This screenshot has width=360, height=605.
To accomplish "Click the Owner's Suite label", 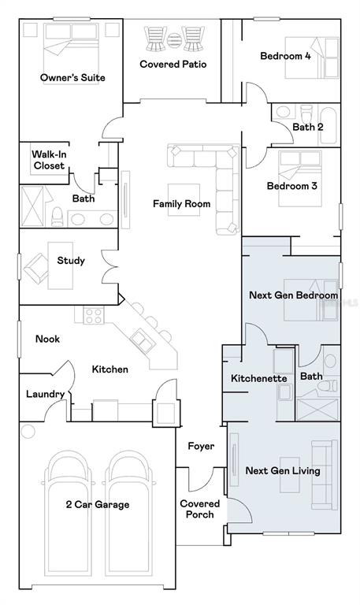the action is tap(72, 77).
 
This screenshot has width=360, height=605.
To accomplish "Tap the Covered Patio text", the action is tap(173, 64).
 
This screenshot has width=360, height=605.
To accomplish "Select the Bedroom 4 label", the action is tap(285, 56).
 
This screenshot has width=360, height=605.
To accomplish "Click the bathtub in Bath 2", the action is tap(328, 126).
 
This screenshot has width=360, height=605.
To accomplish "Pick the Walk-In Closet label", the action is tap(49, 160).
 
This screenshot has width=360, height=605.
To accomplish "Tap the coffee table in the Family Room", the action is tap(184, 199).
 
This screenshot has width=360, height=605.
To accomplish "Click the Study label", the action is tap(71, 261).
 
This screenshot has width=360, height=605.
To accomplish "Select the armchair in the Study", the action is tap(36, 267).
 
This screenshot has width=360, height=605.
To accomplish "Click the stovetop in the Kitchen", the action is tap(94, 315).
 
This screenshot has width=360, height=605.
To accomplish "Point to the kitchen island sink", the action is tap(142, 341).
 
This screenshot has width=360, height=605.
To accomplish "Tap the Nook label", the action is tap(47, 339).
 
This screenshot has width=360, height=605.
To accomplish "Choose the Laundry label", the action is tap(45, 395).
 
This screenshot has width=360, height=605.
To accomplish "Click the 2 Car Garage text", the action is tap(97, 505).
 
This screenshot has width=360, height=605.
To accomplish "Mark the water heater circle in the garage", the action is tap(28, 432).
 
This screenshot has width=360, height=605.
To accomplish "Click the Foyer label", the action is tap(201, 447).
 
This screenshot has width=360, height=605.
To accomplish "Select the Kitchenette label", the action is tap(259, 378).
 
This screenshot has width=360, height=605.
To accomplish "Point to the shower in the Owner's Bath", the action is tap(32, 206).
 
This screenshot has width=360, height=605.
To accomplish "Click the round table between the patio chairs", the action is tap(174, 39).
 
